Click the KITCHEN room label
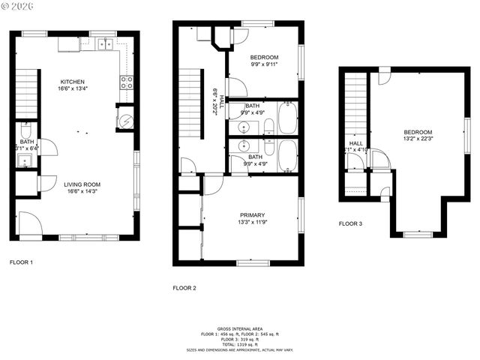coord(73,82)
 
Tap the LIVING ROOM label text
coord(82,184)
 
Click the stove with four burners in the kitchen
coord(127,82)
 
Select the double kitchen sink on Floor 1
coord(105,44)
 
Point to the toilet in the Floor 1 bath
coord(26,128)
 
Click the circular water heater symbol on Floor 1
coord(126,118)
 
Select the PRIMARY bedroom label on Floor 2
coord(252,214)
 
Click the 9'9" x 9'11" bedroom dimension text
coord(265,64)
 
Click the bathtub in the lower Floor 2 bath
coord(287,156)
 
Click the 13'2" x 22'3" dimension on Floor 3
coord(418,139)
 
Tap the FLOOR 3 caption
coord(350,223)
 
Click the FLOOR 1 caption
coord(21,262)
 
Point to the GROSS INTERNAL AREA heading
coord(239,328)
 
